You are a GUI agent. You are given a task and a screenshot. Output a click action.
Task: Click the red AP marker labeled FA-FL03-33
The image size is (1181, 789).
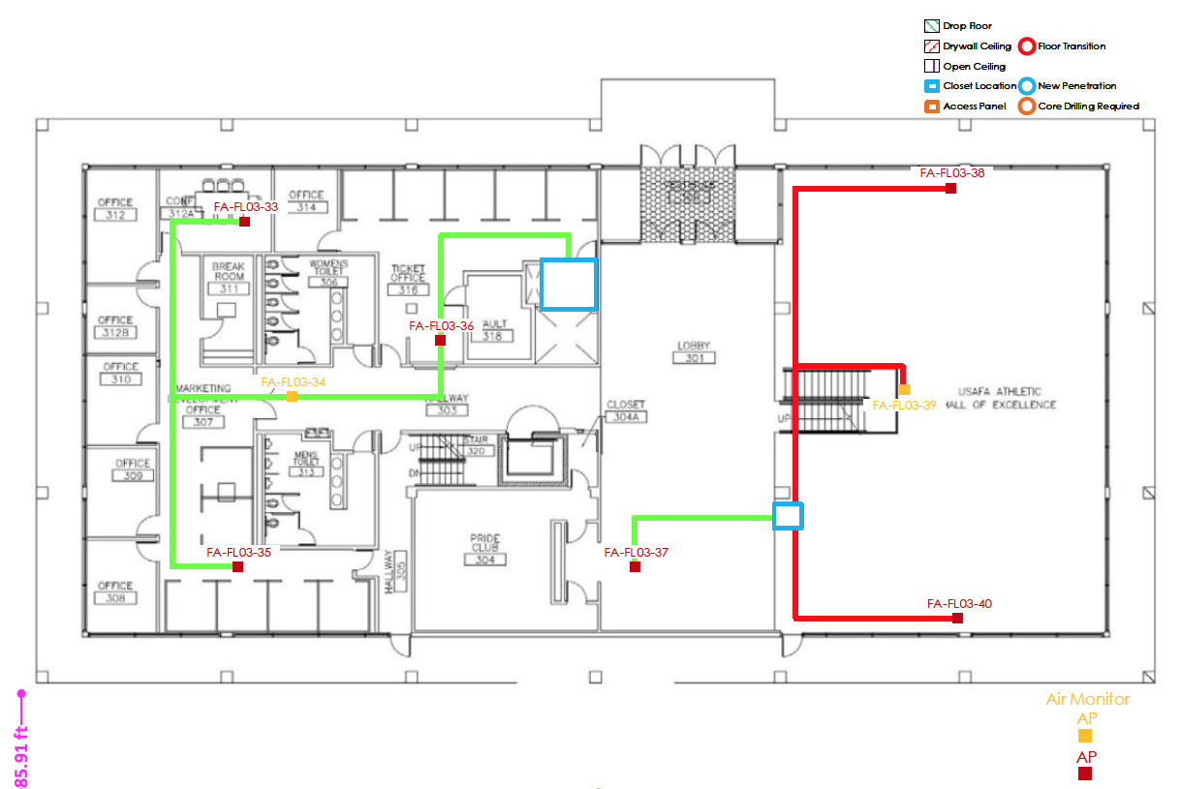tap(245, 222)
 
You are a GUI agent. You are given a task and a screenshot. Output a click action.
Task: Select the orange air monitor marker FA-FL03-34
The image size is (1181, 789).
tap(292, 397)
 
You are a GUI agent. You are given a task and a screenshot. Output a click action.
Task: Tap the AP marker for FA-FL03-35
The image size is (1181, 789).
tap(237, 566)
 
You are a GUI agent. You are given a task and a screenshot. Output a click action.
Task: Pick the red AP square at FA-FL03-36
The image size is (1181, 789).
tap(440, 341)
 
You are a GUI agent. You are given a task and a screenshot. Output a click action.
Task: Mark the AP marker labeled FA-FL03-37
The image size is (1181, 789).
tap(635, 566)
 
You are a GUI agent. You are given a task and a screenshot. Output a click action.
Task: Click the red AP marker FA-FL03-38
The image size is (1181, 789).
tap(950, 188)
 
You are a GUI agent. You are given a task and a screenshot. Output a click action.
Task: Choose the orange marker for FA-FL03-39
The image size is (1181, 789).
tap(904, 389)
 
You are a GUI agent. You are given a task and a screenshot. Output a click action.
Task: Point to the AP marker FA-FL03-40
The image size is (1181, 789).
tap(957, 618)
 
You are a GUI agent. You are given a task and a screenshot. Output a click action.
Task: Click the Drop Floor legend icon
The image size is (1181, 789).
tap(931, 26)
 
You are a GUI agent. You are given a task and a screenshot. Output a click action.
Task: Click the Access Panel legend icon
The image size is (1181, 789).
tap(931, 106)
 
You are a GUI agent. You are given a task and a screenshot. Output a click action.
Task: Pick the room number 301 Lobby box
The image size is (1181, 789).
tap(693, 357)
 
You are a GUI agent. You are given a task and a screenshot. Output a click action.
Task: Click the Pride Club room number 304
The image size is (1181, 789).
tap(484, 560)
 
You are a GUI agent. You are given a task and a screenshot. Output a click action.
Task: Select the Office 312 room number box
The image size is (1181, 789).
tap(114, 215)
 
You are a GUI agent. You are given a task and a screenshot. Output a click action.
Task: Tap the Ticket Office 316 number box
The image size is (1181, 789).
tap(408, 289)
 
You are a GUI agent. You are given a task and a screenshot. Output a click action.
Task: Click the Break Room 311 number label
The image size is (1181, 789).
tap(229, 288)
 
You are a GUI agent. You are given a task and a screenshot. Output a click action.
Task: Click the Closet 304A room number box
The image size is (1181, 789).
tap(625, 417)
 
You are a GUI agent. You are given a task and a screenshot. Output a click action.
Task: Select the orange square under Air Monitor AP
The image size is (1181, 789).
tap(1085, 736)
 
